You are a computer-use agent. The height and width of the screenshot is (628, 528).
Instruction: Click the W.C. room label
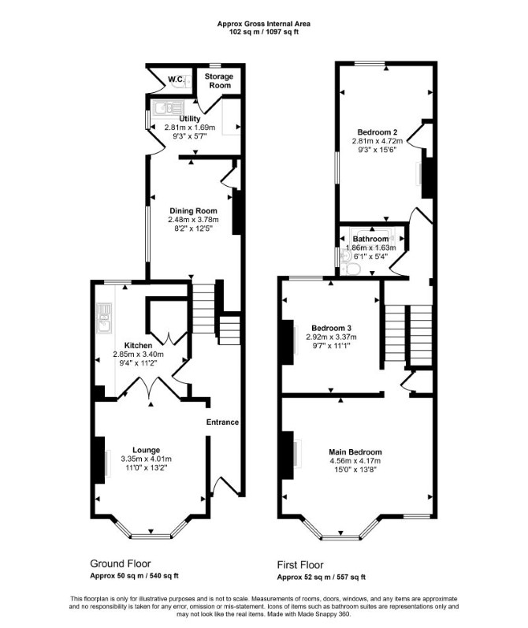pos(176,80)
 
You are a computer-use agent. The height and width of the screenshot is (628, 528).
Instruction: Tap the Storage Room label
pos(219,80)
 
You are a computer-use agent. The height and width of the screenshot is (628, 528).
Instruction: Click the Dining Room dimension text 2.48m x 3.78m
pos(194,220)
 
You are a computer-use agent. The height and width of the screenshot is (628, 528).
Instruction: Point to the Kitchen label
pos(138,345)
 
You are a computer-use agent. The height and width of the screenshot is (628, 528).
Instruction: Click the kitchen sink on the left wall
pos(105,318)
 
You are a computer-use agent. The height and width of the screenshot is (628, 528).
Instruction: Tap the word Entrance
pos(222,422)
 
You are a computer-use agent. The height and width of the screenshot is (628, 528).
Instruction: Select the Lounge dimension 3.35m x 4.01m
pos(147,459)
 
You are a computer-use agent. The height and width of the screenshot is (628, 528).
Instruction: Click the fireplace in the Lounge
pos(100,460)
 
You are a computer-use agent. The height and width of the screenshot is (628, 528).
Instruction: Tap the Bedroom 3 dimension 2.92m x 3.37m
pos(331,336)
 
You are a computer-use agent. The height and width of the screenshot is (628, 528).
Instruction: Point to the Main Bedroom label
pos(355,452)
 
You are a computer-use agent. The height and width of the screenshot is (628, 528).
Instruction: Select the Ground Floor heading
pos(121,563)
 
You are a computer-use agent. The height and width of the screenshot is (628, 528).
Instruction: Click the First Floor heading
pos(300,565)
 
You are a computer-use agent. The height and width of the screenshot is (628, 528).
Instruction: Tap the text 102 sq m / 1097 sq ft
pos(263,32)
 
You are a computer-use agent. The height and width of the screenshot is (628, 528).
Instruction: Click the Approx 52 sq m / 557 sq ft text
pos(322,577)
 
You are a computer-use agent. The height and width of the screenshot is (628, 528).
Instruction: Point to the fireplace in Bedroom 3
pos(288,342)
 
